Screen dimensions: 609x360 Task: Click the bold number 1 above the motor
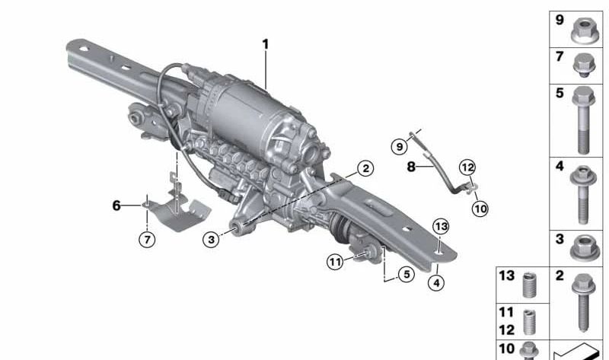point(266,44)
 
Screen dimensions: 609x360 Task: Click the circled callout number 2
point(365,168)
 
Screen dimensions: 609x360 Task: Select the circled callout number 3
point(211,239)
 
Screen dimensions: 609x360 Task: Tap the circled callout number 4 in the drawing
point(436,282)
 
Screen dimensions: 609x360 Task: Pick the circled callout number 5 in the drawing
point(407,275)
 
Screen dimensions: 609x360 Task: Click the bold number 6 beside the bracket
point(116,205)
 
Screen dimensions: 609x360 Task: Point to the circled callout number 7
point(147,240)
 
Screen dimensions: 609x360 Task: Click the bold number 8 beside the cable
point(411,167)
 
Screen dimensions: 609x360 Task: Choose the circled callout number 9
point(399,147)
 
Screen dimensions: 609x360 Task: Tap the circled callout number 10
point(480,209)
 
